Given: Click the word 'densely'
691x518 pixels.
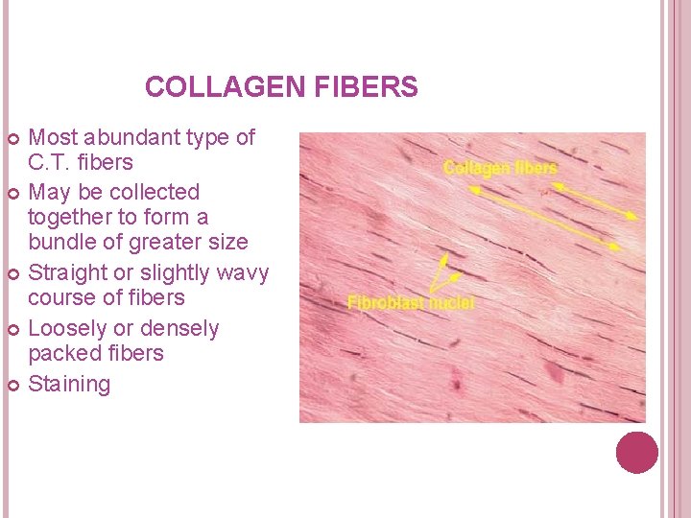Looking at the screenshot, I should [x=179, y=329].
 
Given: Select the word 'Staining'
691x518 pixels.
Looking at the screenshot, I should [x=69, y=385].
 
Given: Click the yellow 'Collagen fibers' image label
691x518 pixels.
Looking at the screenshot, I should [x=500, y=168].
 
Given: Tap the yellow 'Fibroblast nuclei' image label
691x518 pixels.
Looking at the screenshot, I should [x=411, y=303].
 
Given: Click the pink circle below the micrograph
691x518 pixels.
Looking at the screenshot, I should [x=636, y=452].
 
